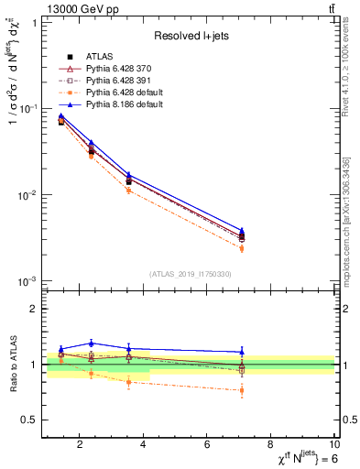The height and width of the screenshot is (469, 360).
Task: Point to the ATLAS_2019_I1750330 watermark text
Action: (191, 274)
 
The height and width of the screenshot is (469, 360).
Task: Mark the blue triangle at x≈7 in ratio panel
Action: (242, 352)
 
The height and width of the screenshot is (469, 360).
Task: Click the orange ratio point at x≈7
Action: (242, 390)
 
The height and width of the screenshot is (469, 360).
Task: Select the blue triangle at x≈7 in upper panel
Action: (242, 231)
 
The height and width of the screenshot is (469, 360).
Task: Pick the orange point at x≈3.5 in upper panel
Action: (129, 191)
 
